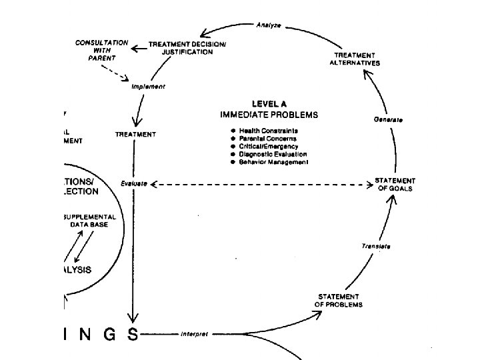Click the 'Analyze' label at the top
[269, 25]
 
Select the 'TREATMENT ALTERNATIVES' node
[355, 59]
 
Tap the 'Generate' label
[388, 119]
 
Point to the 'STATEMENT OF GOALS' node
[395, 185]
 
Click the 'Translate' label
[376, 246]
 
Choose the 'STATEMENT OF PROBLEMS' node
[339, 301]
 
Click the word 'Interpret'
[194, 333]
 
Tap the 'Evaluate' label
[134, 183]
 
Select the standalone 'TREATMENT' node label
[136, 134]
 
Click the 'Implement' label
[148, 87]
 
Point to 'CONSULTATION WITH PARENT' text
[101, 50]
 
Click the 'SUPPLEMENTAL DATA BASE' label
[89, 221]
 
